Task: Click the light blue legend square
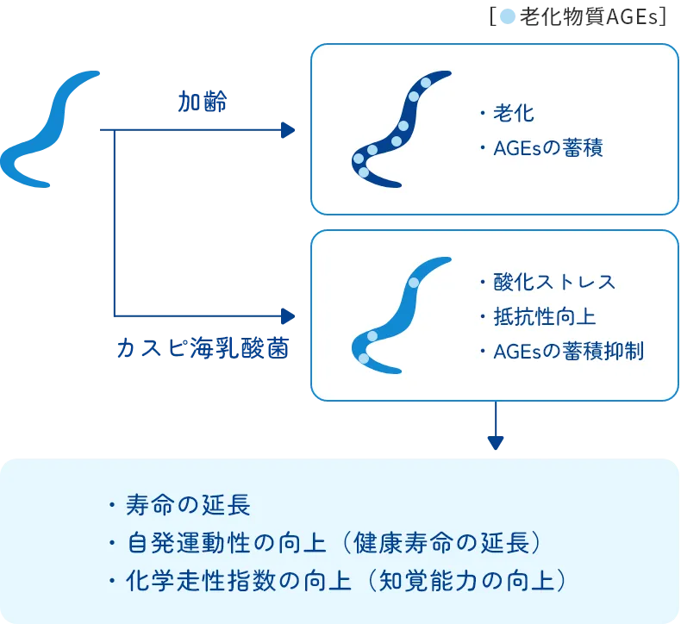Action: pyautogui.click(x=508, y=16)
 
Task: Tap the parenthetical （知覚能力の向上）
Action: pyautogui.click(x=465, y=580)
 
